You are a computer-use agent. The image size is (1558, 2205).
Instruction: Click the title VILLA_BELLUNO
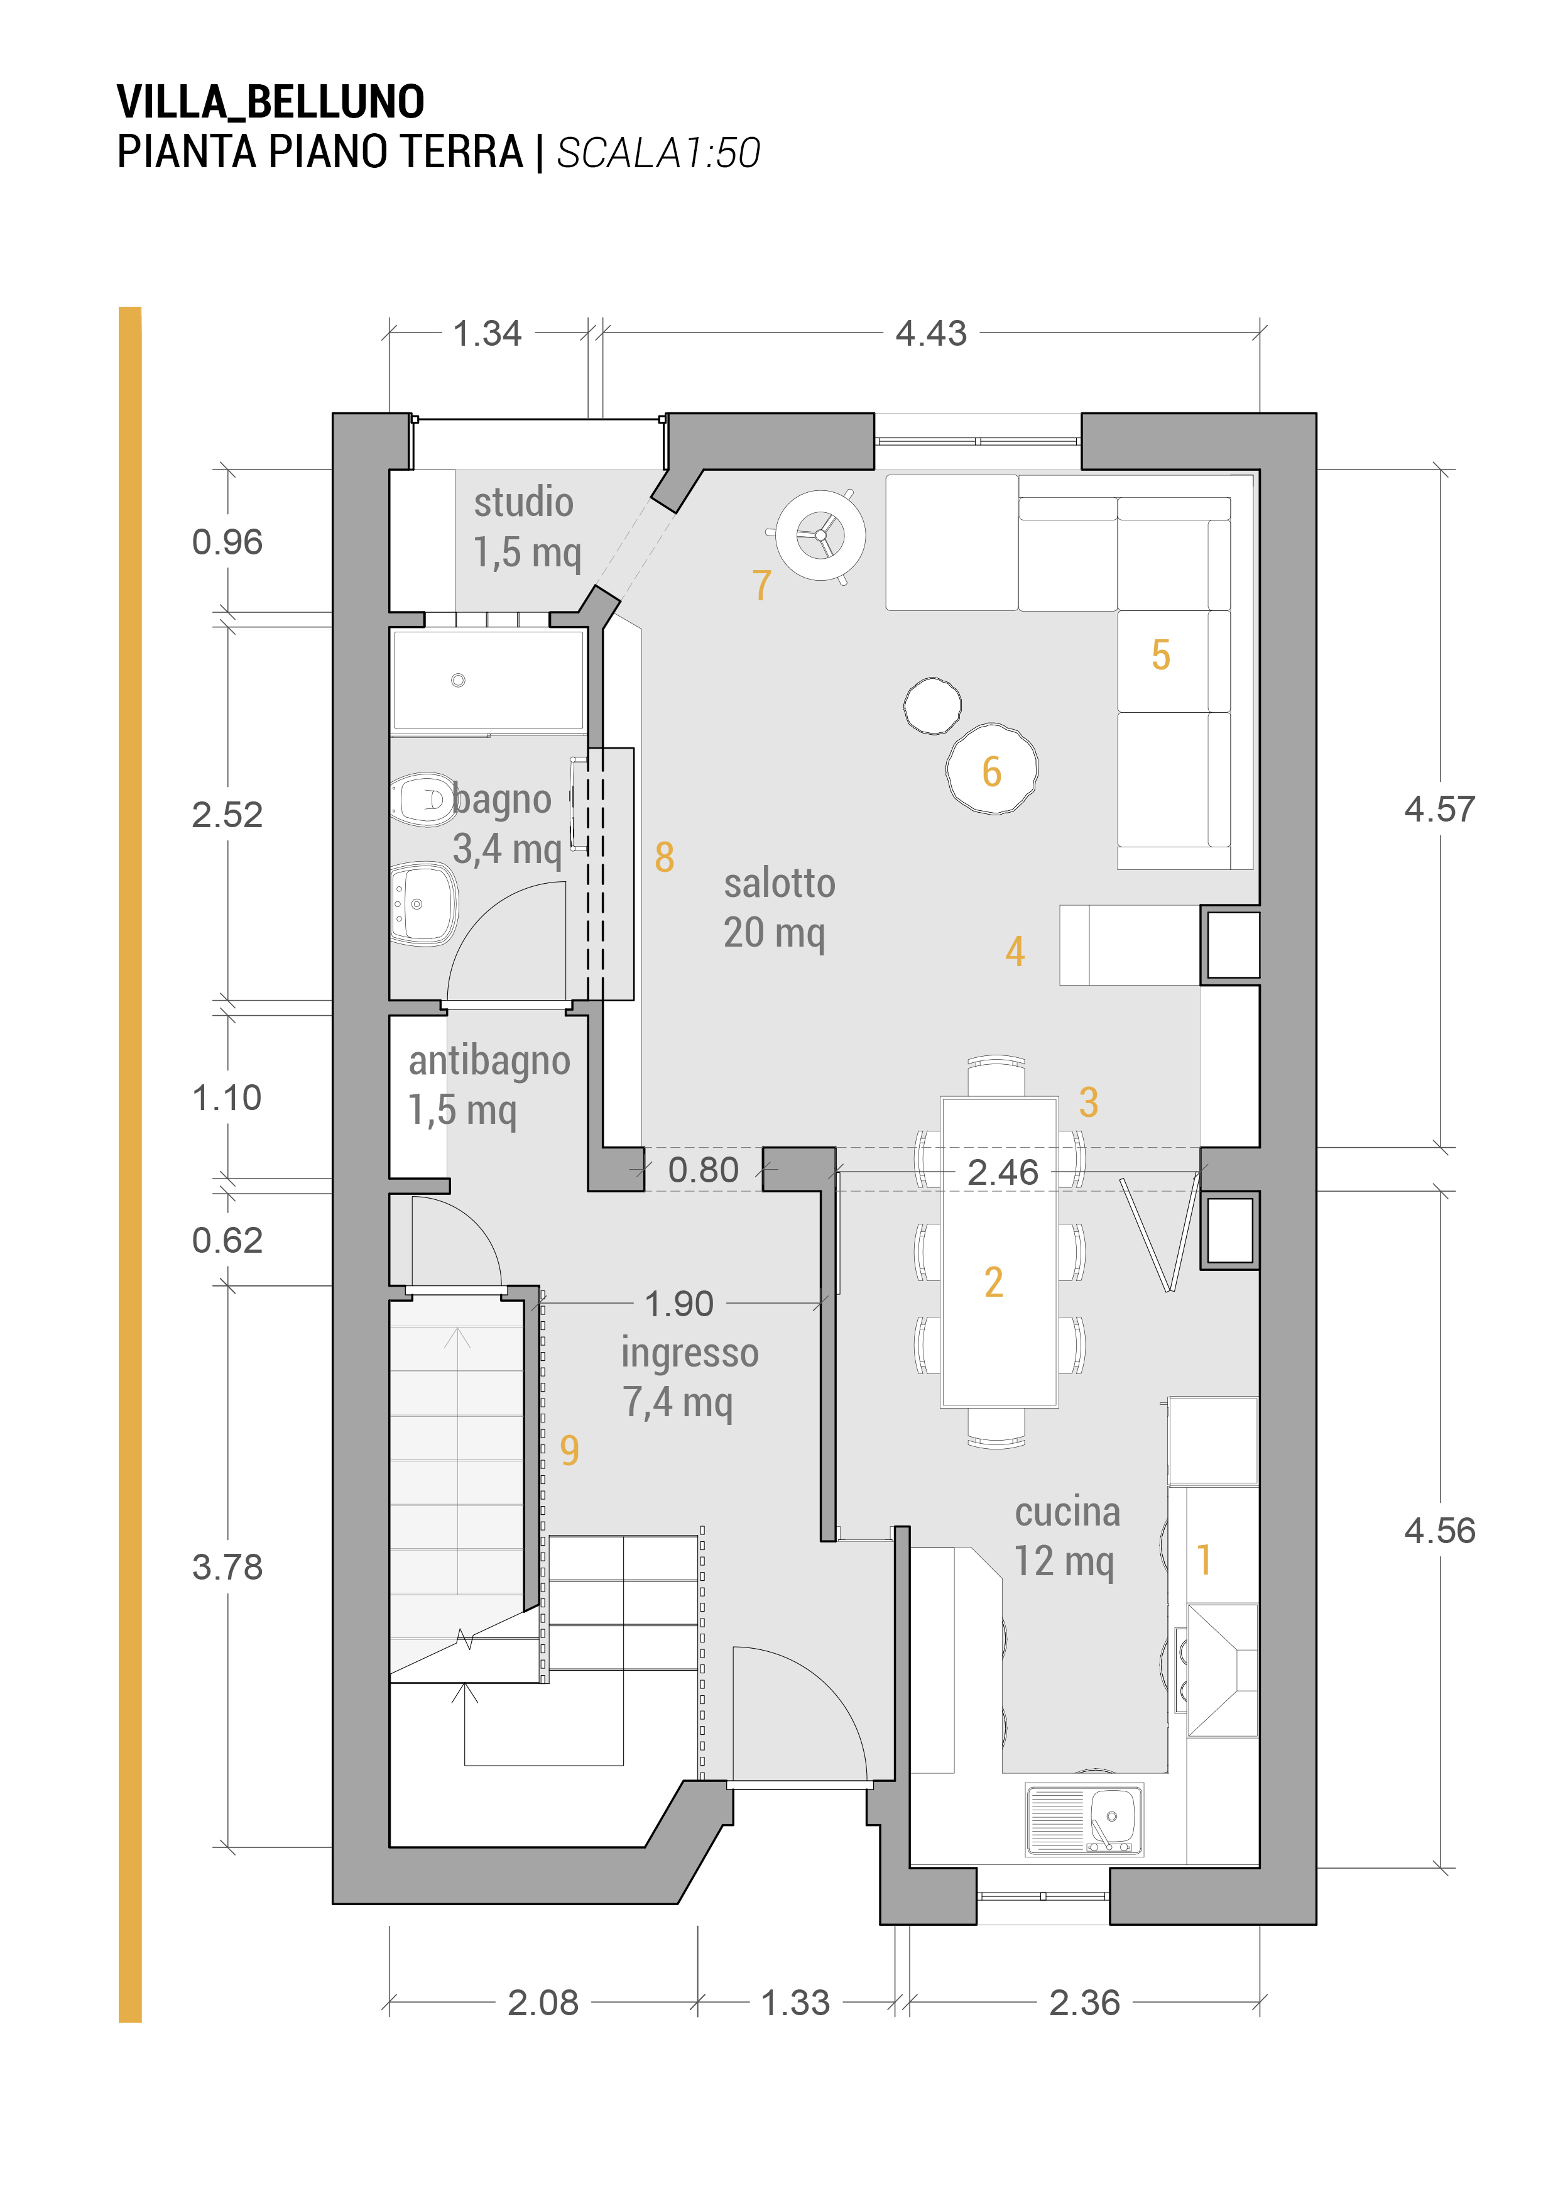click(x=271, y=102)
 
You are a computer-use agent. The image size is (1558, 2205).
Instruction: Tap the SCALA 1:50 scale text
click(x=658, y=153)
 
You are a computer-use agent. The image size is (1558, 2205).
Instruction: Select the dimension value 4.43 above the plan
click(x=930, y=333)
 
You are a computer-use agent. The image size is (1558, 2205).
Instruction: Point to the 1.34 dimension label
click(x=487, y=333)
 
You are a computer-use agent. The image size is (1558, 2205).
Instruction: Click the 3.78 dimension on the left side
click(x=227, y=1566)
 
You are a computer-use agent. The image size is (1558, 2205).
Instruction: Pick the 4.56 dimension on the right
click(x=1439, y=1530)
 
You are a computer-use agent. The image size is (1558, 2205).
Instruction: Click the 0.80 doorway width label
click(x=703, y=1170)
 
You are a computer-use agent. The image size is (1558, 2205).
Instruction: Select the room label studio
click(x=523, y=502)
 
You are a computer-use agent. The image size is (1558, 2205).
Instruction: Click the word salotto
click(x=780, y=884)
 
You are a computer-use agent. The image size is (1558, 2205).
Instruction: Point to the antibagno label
click(x=489, y=1060)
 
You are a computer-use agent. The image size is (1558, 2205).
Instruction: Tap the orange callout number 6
click(x=991, y=771)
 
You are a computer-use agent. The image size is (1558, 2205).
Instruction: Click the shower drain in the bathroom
click(x=458, y=680)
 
